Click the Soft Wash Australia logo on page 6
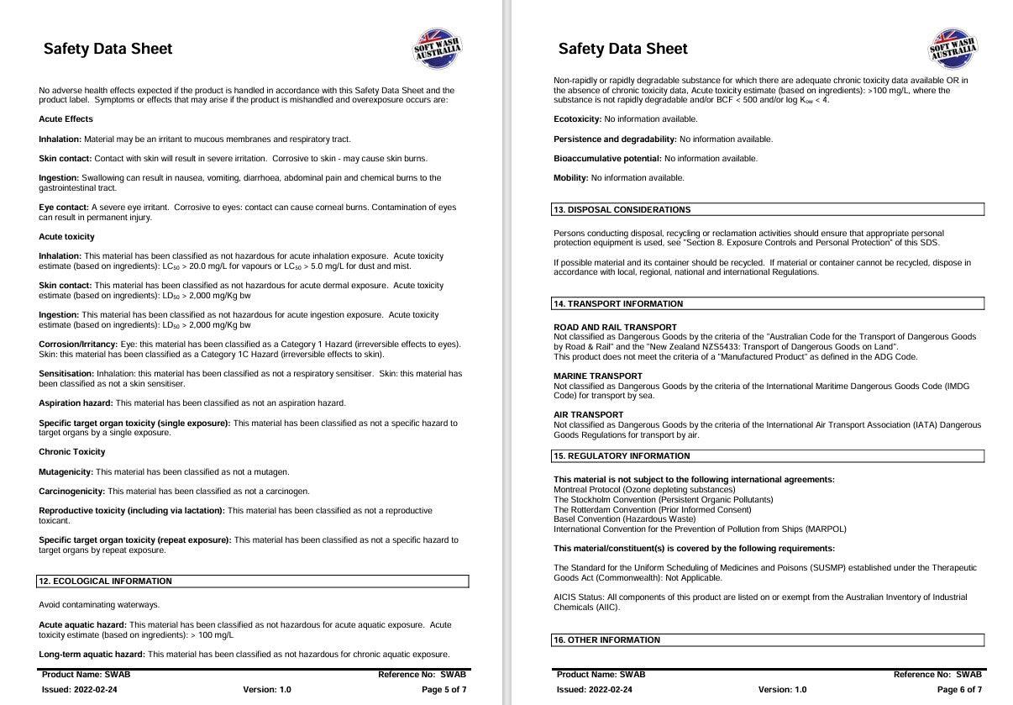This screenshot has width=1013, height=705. pos(953,49)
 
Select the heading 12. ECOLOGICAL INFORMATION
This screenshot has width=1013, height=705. pos(105,581)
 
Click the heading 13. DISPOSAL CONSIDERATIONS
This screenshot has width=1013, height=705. pos(622,210)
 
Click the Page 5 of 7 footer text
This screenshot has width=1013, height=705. pos(444,690)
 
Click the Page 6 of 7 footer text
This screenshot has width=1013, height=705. pos(958,690)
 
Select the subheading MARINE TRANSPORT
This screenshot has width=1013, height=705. pos(597,376)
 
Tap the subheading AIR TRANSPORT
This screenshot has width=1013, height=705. pos(588,415)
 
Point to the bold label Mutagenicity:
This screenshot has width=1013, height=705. pos(66,472)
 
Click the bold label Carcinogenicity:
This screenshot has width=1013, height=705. pos(71,492)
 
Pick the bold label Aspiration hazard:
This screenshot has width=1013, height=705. pos(76,403)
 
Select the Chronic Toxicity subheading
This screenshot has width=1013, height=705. pos(72,452)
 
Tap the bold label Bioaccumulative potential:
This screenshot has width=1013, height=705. pos(607,159)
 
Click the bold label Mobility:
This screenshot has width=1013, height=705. pos(571,178)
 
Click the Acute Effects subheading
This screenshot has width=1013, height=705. pos(66,119)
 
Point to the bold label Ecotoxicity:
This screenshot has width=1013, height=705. pos(577,119)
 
